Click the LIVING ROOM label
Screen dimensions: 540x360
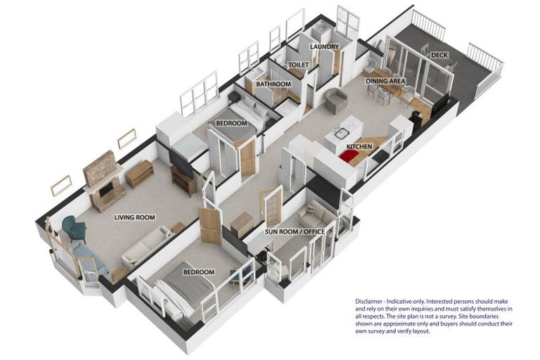135,217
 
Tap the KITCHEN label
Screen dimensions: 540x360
359,146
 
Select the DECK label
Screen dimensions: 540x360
439,55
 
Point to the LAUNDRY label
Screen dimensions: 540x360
324,46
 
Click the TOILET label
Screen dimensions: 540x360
299,65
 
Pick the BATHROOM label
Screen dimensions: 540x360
274,84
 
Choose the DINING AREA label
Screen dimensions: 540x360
385,82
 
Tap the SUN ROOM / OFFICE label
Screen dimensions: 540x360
295,231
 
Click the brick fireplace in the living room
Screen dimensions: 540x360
103,181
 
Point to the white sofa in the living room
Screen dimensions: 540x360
146,247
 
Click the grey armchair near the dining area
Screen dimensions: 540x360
336,101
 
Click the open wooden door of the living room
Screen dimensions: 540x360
210,226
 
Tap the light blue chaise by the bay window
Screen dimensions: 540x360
89,257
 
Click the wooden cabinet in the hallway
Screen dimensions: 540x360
242,224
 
